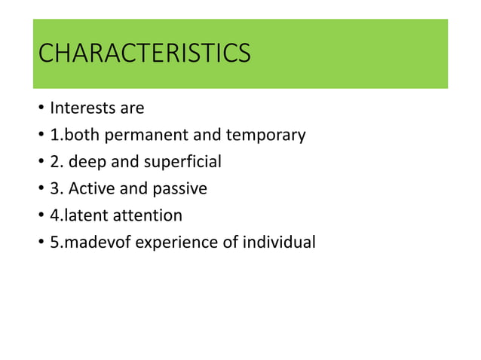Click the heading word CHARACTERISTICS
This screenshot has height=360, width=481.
(143, 54)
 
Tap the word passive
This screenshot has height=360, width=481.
(179, 188)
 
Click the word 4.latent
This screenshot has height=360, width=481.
(79, 215)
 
